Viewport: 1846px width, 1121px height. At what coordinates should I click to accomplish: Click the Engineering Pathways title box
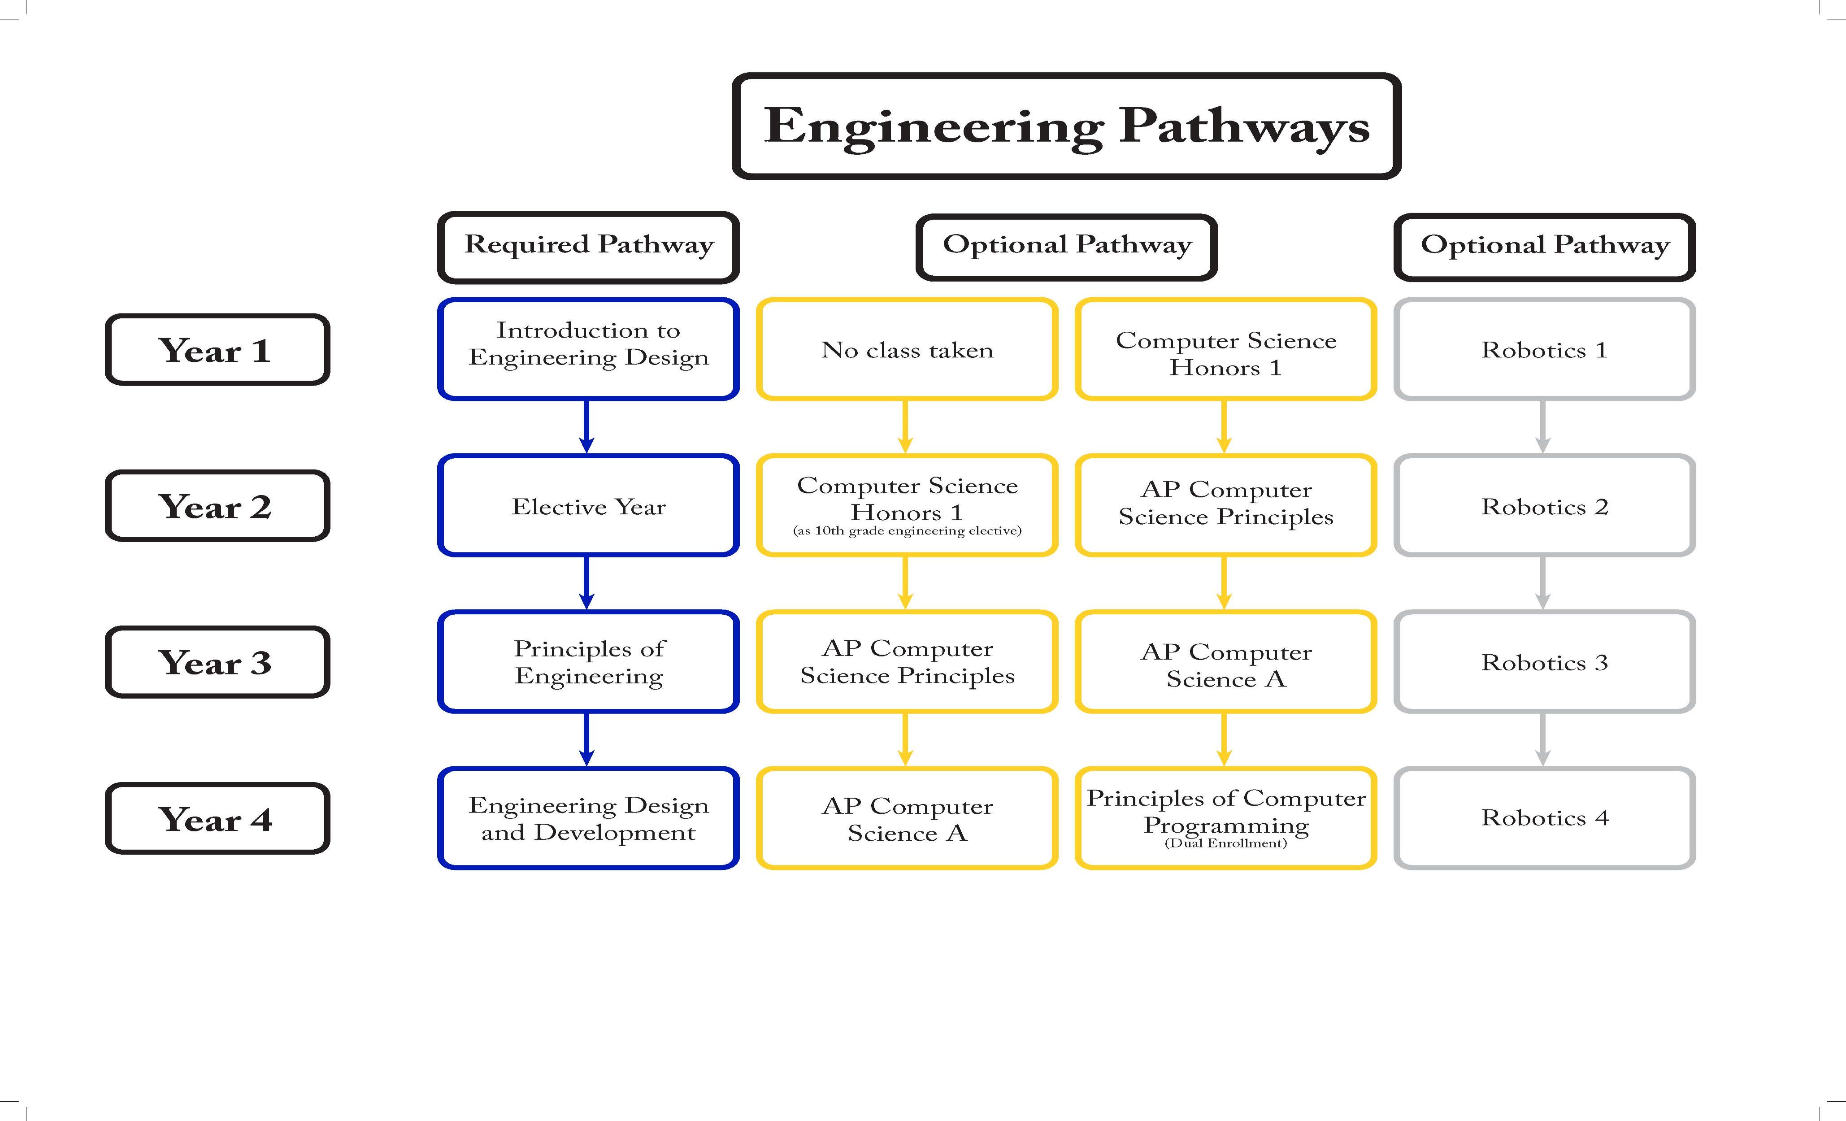[x=1066, y=126]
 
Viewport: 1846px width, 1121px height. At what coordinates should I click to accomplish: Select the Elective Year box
[x=588, y=506]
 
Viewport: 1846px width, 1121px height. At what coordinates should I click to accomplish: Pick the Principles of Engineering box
[x=588, y=662]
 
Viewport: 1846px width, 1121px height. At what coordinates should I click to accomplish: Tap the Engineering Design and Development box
[x=588, y=818]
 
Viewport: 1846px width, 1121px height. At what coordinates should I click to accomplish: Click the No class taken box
[x=907, y=349]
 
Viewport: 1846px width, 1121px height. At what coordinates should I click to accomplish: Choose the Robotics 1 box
[x=1544, y=349]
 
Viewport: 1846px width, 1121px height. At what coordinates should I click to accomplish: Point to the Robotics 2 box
[x=1544, y=506]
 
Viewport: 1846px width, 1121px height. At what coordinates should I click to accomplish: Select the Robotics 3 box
[x=1544, y=662]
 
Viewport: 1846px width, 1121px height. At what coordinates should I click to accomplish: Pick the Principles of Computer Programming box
[x=1226, y=813]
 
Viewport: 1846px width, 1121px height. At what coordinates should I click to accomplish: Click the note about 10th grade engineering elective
[x=907, y=530]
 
